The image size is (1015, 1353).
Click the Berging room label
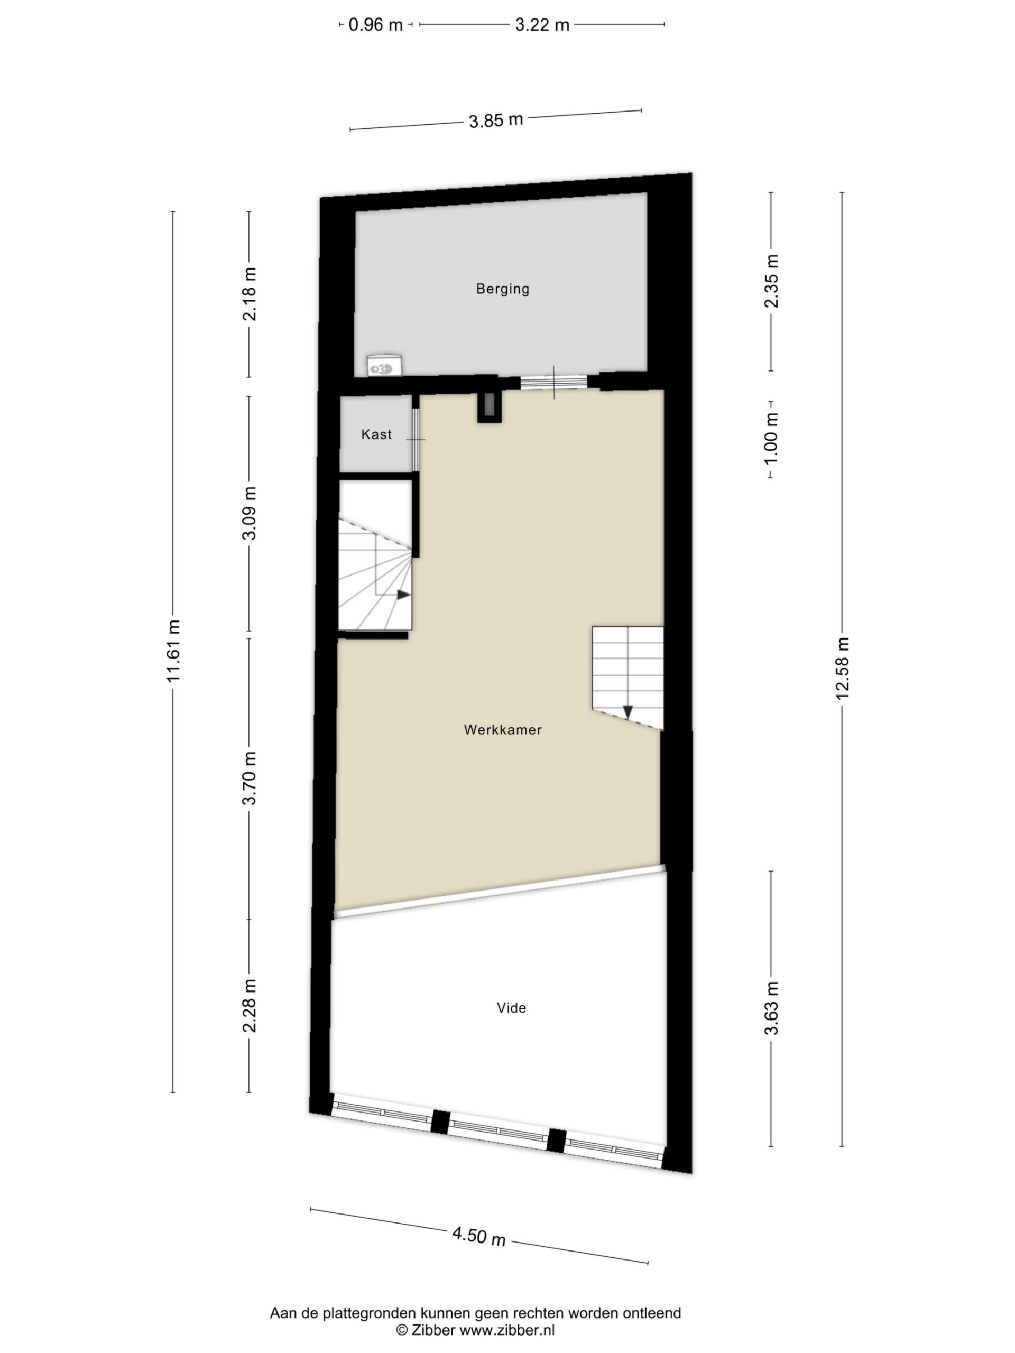pos(502,289)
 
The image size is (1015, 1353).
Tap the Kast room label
pos(376,434)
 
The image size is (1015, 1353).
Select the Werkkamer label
pos(502,730)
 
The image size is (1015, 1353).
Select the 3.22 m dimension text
pos(542,25)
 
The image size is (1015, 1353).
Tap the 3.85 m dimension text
pos(495,120)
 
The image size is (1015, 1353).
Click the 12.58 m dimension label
pos(844,669)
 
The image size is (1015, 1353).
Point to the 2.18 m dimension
pos(250,294)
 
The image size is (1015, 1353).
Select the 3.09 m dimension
pos(250,513)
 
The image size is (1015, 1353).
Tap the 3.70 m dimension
pos(250,778)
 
